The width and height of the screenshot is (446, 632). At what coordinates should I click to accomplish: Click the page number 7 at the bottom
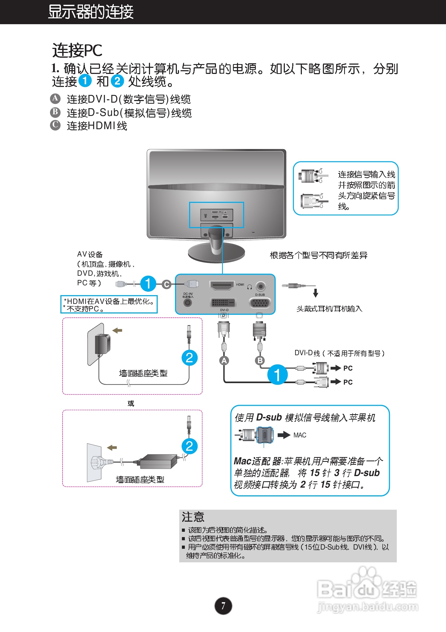[223, 606]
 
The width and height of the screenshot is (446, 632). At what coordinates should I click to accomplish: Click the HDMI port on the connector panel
[222, 286]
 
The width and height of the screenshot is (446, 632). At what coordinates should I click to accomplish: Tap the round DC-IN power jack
[188, 303]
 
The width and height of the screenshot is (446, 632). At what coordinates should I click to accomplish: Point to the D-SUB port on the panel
[260, 303]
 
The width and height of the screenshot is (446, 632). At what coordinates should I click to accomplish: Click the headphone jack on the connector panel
[260, 286]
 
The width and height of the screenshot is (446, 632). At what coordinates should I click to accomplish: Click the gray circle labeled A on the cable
[224, 361]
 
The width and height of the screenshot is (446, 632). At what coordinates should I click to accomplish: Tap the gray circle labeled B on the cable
[260, 360]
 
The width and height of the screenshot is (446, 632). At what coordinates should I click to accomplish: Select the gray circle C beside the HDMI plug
[166, 284]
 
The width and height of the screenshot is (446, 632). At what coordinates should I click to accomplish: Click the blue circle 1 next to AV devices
[148, 283]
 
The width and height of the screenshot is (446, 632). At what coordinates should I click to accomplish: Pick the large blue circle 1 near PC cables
[277, 375]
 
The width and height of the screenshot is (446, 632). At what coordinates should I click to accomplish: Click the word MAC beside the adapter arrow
[299, 435]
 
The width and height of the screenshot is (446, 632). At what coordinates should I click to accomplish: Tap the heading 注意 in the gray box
[193, 517]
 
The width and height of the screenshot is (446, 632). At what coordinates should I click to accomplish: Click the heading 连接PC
[77, 51]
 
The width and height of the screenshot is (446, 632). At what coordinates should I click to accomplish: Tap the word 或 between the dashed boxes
[131, 404]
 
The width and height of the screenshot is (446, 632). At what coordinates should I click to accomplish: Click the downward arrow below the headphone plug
[315, 293]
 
